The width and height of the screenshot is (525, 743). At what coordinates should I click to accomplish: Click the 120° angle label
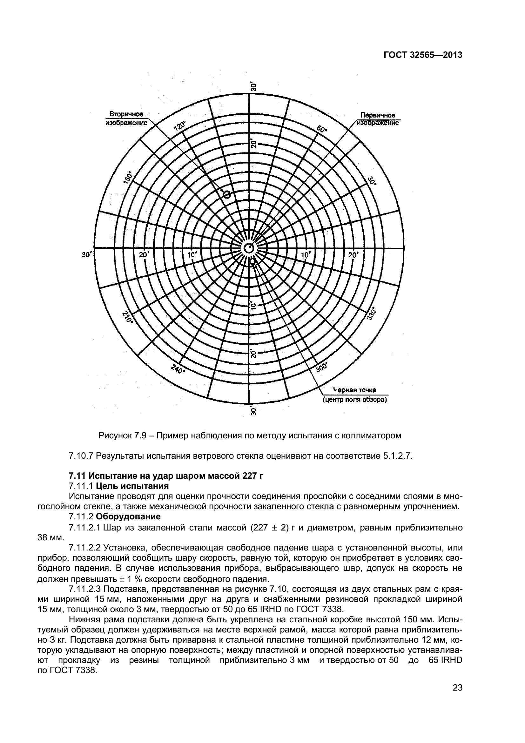[180, 125]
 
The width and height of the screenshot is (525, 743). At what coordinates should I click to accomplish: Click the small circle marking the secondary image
[227, 194]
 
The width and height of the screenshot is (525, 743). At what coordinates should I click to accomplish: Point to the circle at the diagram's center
[249, 248]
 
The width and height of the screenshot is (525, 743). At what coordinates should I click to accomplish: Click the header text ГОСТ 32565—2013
[423, 55]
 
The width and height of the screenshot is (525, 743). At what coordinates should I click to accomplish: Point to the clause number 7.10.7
[81, 456]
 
